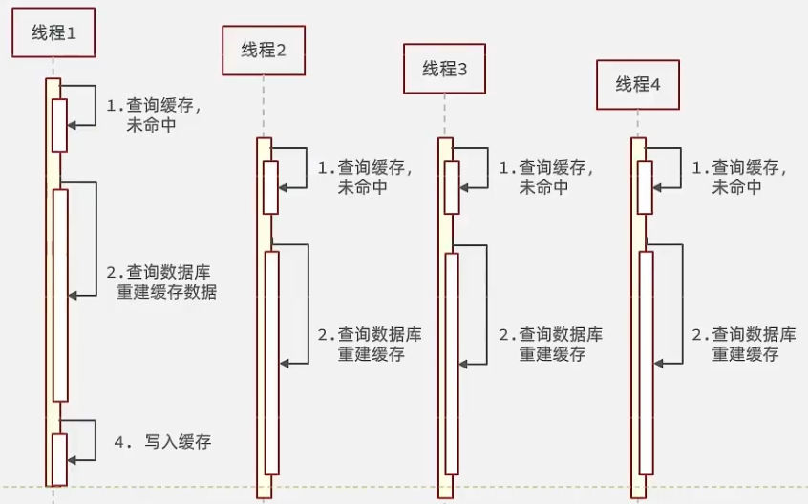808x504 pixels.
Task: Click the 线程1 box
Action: point(53,32)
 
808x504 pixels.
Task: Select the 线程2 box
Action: point(264,51)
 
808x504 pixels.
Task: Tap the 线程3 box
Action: point(444,69)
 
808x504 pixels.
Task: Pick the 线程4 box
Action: point(637,84)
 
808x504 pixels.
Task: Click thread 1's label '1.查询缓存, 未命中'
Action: point(153,115)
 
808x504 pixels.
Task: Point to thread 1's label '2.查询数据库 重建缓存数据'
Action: point(161,282)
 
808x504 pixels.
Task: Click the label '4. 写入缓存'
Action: point(162,442)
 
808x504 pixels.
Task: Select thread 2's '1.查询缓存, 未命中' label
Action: point(365,178)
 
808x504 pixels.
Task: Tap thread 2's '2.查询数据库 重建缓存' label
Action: point(370,344)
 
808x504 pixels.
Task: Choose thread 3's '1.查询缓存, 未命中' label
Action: point(546,178)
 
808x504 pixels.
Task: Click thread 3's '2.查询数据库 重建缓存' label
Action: point(551,344)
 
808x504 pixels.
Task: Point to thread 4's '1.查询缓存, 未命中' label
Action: point(739,178)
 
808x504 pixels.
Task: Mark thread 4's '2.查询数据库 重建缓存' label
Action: point(744,344)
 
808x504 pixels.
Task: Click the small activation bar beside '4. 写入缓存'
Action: point(60,459)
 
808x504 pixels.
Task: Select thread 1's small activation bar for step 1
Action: point(59,124)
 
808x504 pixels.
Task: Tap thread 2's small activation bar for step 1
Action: point(271,187)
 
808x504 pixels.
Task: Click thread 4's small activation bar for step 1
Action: point(646,187)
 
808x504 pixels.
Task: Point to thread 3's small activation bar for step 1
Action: point(452,187)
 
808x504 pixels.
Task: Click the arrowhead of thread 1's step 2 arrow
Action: point(73,296)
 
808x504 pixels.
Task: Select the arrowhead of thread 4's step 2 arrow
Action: point(659,363)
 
